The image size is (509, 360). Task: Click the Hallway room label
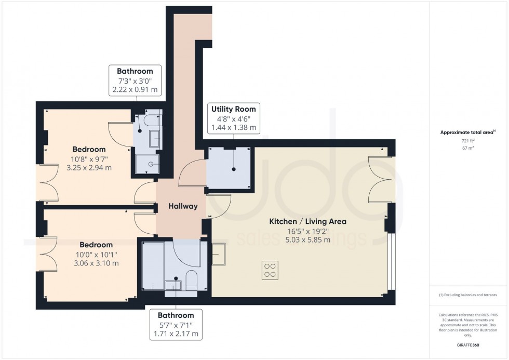point(183,206)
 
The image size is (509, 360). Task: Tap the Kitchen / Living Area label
point(307,221)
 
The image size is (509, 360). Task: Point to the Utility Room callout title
point(233,109)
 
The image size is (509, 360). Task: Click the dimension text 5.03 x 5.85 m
point(307,240)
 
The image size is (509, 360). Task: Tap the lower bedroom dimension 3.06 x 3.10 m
point(96,263)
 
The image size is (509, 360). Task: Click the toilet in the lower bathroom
point(191,281)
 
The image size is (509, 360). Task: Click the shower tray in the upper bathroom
point(149,164)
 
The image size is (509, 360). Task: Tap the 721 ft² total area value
point(465,140)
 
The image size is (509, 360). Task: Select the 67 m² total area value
point(465,148)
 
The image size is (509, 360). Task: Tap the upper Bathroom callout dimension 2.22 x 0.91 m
point(135,90)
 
